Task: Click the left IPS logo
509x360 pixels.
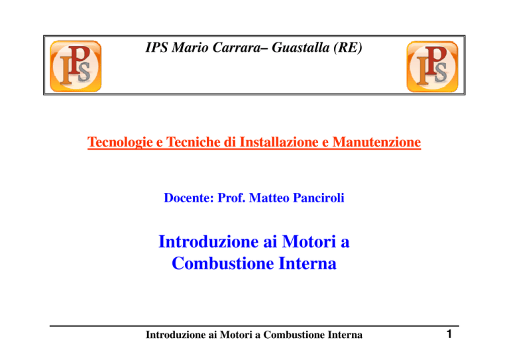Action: (76, 66)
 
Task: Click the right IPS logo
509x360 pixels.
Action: (432, 66)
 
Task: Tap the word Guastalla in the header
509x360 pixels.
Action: (301, 47)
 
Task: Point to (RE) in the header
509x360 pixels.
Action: (348, 48)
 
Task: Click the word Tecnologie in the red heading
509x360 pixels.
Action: (120, 142)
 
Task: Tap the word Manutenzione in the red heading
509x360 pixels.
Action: (376, 142)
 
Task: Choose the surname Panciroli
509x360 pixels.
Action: (318, 198)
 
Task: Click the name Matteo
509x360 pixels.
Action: (269, 198)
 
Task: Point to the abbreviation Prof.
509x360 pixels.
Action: (231, 198)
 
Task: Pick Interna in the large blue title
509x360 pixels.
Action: (308, 263)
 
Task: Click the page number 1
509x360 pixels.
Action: (449, 334)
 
